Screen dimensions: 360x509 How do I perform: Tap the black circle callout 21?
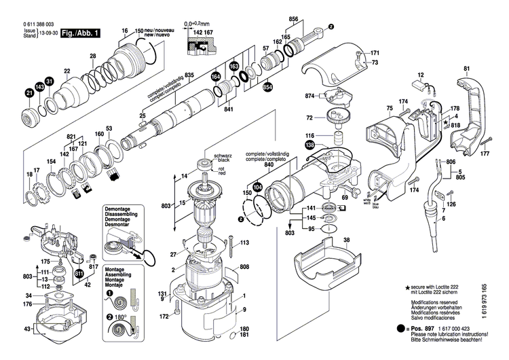[29, 92]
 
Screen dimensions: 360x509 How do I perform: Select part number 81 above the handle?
[466, 69]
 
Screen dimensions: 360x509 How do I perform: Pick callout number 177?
[484, 154]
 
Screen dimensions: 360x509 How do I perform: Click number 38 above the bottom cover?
[346, 240]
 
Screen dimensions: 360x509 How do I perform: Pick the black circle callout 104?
[257, 186]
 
